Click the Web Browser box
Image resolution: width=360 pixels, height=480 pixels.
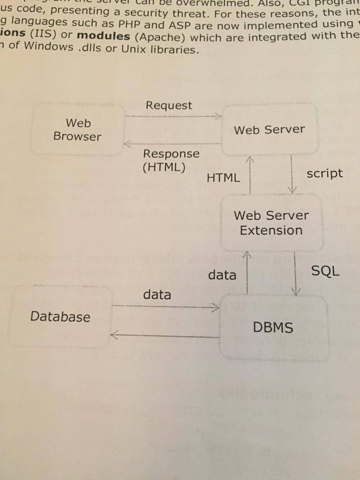point(77,130)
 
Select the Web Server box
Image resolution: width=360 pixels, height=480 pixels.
point(269,130)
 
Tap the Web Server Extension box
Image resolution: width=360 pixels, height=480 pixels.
point(271,223)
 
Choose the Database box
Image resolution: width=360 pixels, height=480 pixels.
point(60,317)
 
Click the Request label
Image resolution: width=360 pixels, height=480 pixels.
point(169,105)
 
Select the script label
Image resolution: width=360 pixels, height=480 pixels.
point(324,174)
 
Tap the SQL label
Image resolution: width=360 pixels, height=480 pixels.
point(325,271)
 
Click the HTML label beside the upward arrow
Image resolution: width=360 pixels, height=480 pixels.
point(223,178)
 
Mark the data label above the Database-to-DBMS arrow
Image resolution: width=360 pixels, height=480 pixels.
point(157,295)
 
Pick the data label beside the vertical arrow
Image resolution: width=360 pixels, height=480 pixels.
point(222,275)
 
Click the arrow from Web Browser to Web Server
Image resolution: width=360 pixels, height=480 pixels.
point(173,116)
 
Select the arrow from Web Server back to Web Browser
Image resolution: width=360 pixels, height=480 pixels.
point(173,144)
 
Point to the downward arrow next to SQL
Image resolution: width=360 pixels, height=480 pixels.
point(296,273)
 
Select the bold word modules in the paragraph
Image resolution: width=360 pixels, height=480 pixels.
point(103,36)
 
